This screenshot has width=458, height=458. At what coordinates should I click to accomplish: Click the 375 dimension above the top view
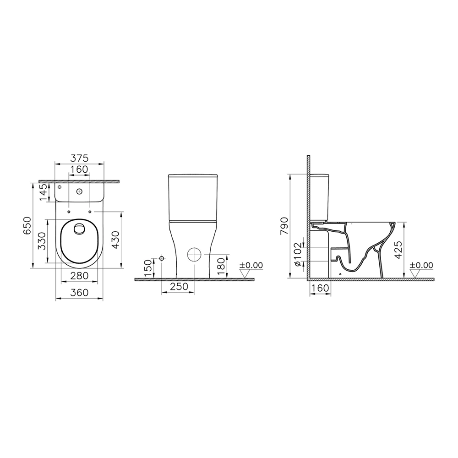coord(79,158)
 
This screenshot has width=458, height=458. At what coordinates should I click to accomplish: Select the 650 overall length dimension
coord(27,225)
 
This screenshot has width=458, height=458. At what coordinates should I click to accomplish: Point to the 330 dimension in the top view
coord(42,241)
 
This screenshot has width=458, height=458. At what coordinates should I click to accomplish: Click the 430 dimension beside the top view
coord(116,240)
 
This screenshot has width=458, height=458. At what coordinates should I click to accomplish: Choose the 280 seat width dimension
coord(79,275)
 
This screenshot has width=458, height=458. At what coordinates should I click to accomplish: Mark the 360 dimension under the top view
coord(79,292)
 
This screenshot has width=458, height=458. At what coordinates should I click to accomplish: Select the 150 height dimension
coord(149,268)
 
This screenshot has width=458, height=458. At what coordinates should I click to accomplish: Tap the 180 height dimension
coord(222,266)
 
